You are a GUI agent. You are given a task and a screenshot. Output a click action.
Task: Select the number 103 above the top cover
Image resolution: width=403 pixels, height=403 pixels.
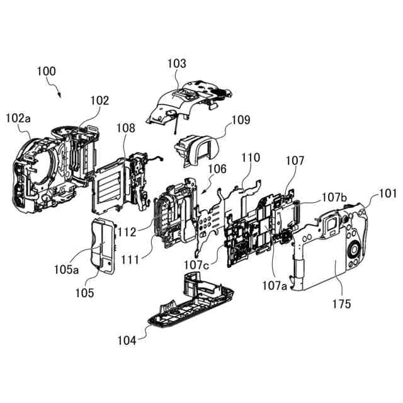click(177, 64)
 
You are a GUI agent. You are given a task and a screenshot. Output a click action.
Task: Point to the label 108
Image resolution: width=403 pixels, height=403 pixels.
click(125, 128)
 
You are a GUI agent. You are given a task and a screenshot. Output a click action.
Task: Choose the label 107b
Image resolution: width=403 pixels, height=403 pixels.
click(334, 197)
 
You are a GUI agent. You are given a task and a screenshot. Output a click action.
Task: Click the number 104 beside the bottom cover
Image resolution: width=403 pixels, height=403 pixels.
click(127, 340)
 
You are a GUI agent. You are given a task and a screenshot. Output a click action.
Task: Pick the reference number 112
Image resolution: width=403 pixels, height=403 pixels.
click(128, 232)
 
